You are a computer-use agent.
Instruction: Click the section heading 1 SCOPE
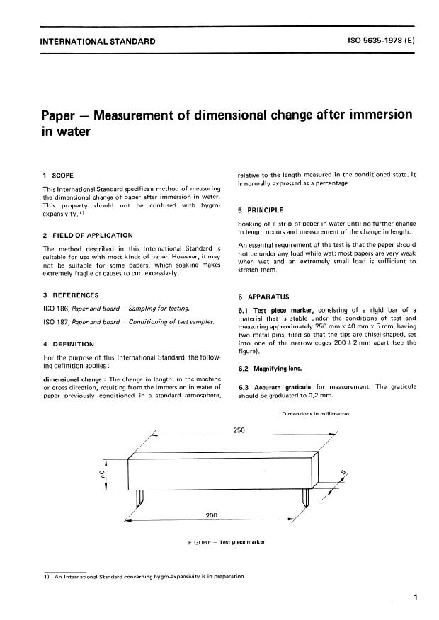57,174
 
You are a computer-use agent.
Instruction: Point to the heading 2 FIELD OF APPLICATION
87,235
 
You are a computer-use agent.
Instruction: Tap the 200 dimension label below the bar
211,515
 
